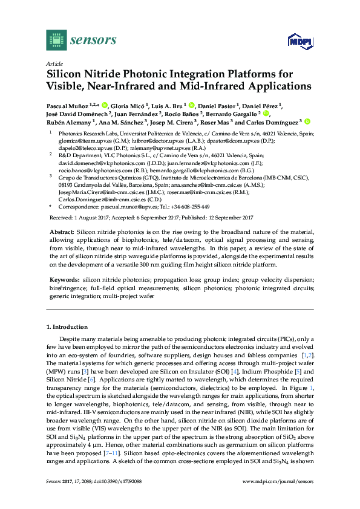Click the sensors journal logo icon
coord(56,41)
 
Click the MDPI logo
coord(301,42)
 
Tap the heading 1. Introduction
coord(68,327)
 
